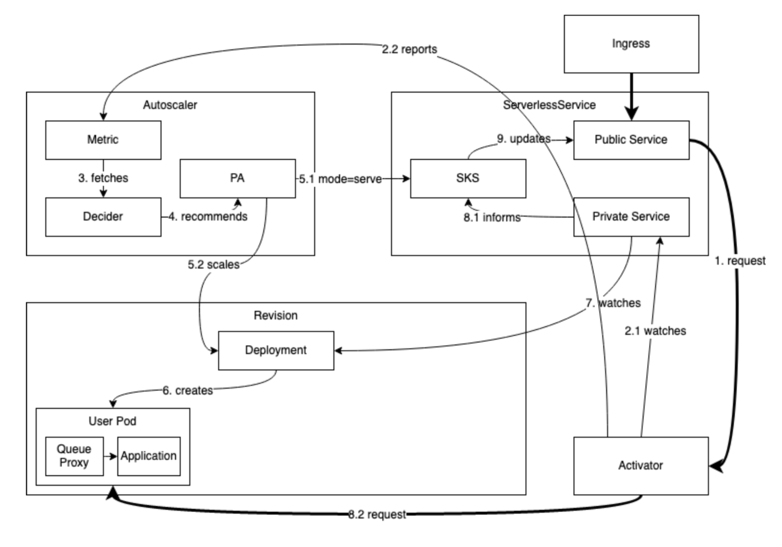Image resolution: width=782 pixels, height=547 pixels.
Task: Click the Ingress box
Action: (x=631, y=44)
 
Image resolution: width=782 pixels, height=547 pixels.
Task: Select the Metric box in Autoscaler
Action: (x=103, y=140)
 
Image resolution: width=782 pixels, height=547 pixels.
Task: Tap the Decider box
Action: (x=103, y=217)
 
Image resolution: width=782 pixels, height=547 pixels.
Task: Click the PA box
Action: (x=238, y=178)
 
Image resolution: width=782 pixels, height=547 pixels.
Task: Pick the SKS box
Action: (x=468, y=178)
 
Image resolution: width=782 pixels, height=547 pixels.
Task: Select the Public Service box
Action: (x=631, y=140)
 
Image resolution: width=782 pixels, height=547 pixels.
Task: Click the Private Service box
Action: (x=631, y=217)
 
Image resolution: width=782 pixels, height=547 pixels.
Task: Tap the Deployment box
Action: (x=276, y=350)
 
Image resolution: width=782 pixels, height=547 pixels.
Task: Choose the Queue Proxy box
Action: (x=74, y=456)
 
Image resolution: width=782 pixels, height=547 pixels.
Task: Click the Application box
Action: (x=149, y=456)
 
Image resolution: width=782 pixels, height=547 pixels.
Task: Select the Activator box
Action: (x=641, y=466)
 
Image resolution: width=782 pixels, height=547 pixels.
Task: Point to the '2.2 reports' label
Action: (x=409, y=49)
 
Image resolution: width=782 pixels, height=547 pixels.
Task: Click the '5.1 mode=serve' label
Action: (x=340, y=179)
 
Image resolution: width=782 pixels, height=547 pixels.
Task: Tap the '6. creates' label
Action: (x=187, y=391)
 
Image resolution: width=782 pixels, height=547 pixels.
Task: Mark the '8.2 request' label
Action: (x=377, y=515)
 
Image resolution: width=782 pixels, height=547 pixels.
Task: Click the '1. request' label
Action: (x=740, y=261)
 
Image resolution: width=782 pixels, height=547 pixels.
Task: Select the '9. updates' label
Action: (x=524, y=139)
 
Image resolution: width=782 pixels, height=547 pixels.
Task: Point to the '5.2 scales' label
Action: (x=214, y=265)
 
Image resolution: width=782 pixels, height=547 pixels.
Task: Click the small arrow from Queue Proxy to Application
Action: (x=111, y=457)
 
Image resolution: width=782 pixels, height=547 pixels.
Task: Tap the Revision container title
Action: (x=276, y=315)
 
